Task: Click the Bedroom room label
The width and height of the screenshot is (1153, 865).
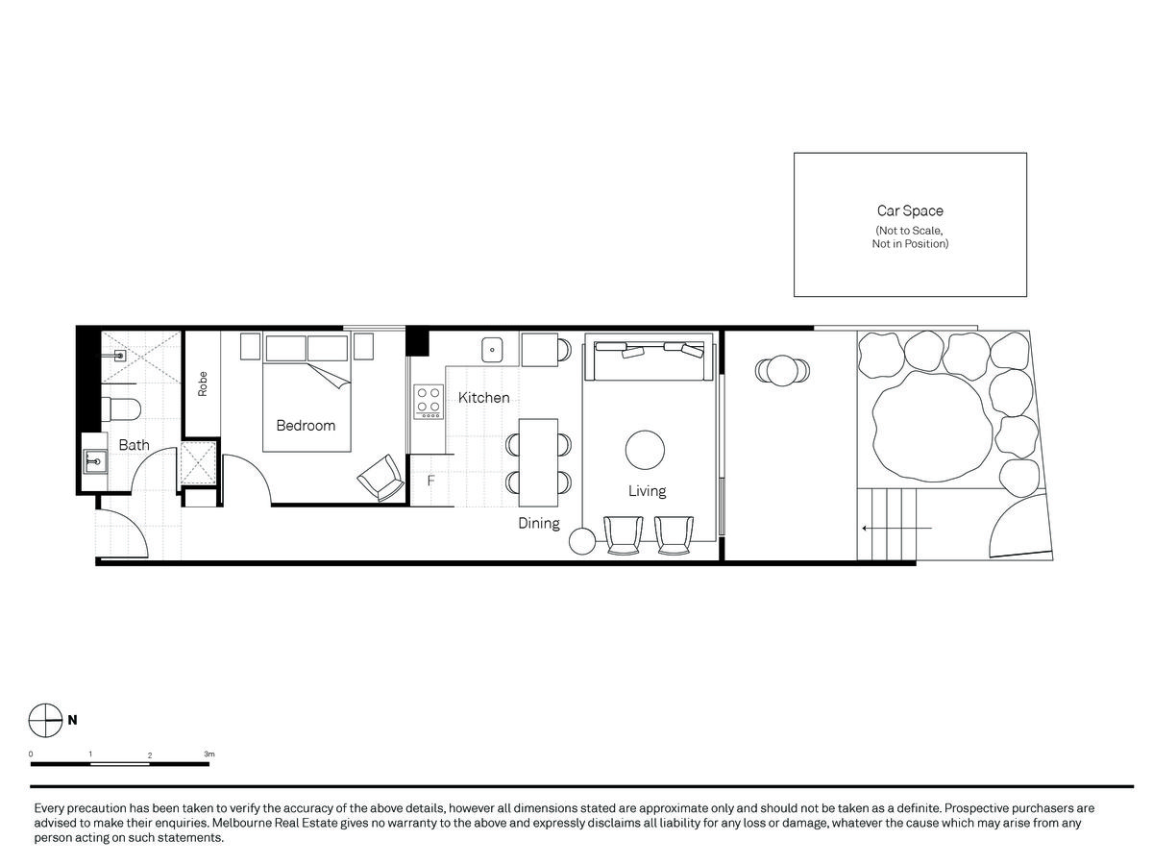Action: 306,426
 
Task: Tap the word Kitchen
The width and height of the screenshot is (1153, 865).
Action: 483,398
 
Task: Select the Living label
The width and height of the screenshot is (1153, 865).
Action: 647,491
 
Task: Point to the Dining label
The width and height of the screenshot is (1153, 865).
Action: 538,523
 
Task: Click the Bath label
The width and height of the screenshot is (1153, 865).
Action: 134,445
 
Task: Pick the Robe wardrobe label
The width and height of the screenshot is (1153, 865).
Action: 202,383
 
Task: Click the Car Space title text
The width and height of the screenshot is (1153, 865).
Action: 910,210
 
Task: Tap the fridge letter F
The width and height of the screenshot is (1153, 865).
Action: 430,481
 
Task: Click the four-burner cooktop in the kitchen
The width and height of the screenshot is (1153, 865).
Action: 429,402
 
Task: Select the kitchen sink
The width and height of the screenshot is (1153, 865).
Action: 492,350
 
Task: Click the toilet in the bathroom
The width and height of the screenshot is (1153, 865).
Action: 121,408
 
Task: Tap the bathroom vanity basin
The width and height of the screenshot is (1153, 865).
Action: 95,461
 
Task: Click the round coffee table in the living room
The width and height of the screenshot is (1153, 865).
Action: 645,450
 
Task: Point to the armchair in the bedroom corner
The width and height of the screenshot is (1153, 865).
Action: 381,478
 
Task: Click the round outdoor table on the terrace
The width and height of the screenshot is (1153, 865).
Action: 782,371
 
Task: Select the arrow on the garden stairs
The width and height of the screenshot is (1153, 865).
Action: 897,528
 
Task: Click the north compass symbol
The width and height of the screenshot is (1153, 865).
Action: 46,720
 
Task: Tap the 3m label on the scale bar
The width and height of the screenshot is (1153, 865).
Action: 209,754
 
